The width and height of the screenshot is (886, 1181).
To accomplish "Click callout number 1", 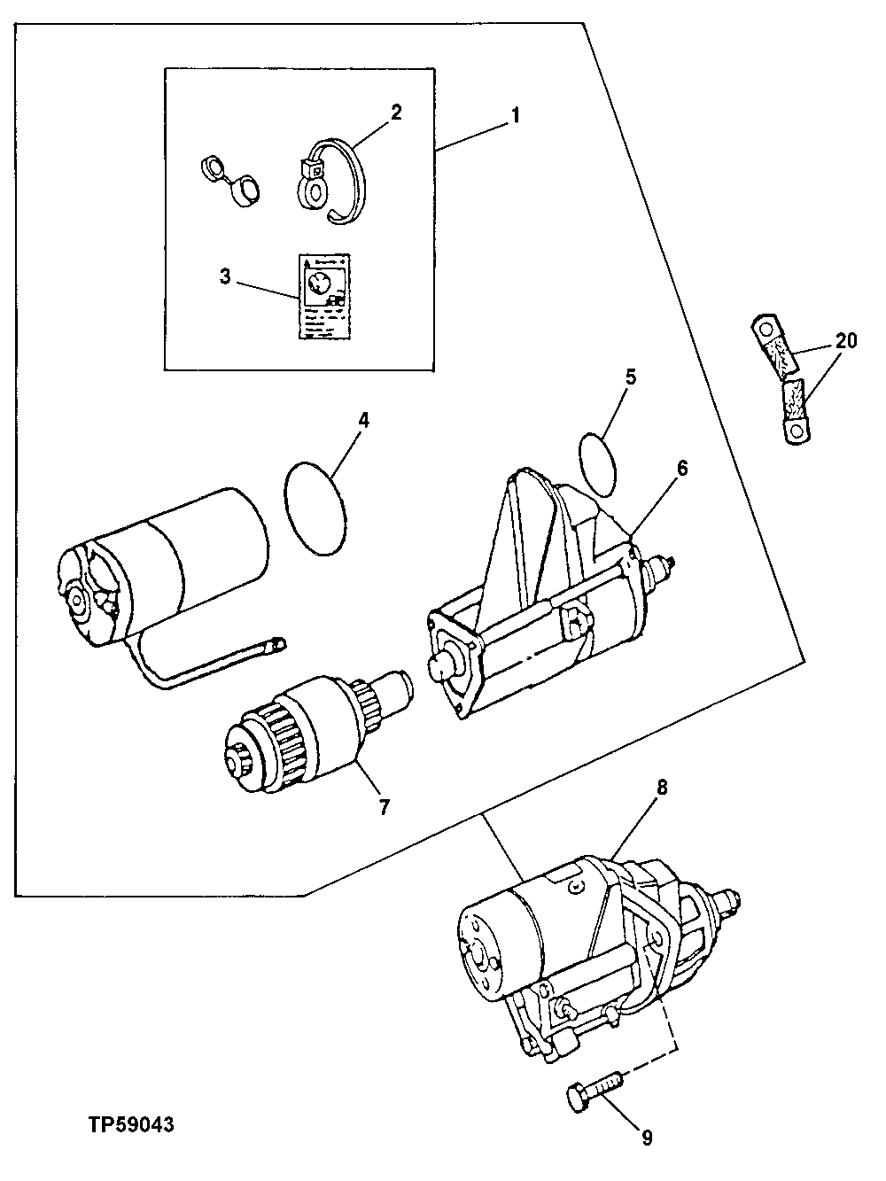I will pos(516,116).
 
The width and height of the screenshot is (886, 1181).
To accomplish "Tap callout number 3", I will pos(225,276).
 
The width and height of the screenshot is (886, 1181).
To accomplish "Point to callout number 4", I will pos(363,419).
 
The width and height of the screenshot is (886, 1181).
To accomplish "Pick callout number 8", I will pos(662,786).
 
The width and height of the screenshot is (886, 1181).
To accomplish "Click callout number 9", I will pos(647,1137).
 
